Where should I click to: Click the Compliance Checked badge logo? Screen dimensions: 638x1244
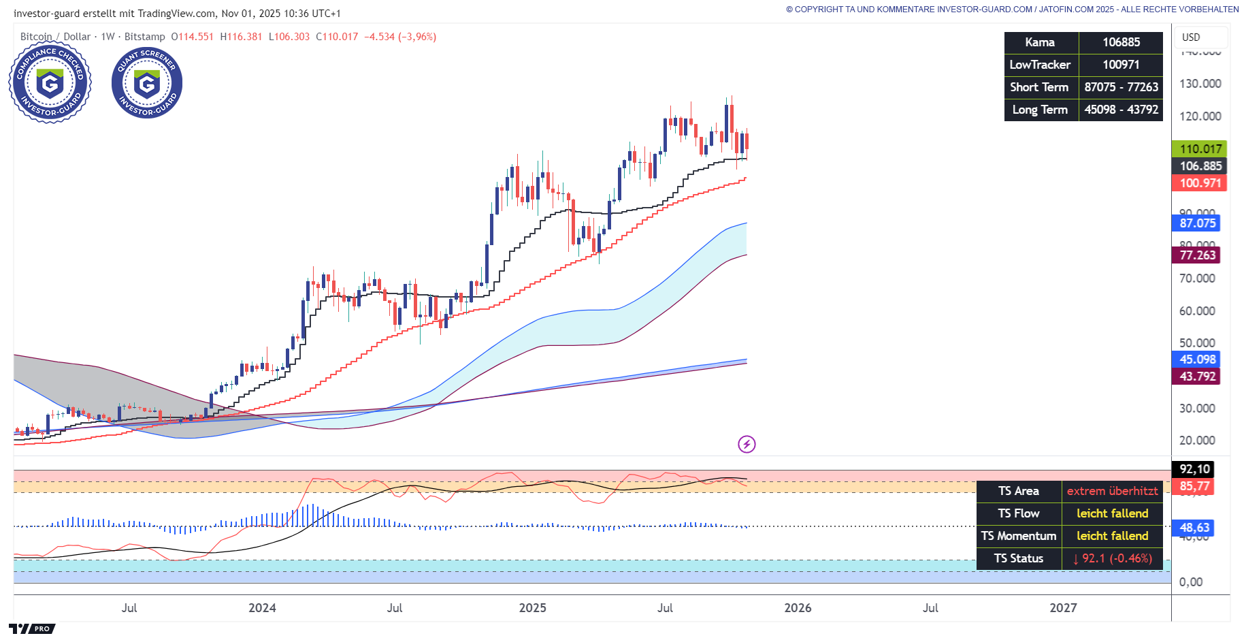[x=50, y=82]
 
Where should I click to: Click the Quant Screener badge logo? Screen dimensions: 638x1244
[x=147, y=82]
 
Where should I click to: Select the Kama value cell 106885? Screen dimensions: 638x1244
[x=1121, y=42]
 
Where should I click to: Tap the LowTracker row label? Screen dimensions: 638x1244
[x=1040, y=65]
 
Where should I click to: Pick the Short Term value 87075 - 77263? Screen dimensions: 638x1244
[x=1121, y=87]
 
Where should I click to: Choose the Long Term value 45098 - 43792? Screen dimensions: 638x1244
[x=1121, y=110]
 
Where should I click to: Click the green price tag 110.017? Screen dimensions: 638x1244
[x=1200, y=149]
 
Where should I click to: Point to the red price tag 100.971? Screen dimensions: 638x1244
[x=1200, y=183]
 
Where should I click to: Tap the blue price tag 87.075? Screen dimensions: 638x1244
[x=1197, y=223]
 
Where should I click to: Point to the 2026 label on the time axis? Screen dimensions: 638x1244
[x=798, y=608]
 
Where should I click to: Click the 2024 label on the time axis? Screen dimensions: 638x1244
[x=262, y=608]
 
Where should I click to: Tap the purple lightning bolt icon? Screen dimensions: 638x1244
[x=747, y=445]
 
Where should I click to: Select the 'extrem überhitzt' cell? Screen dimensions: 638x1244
[x=1112, y=491]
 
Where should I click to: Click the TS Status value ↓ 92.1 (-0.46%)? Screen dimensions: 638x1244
[x=1112, y=558]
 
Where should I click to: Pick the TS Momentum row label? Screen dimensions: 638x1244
[x=1018, y=536]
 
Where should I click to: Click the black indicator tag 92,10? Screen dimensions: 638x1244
[x=1194, y=469]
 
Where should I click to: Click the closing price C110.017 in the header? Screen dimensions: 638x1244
[x=337, y=37]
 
